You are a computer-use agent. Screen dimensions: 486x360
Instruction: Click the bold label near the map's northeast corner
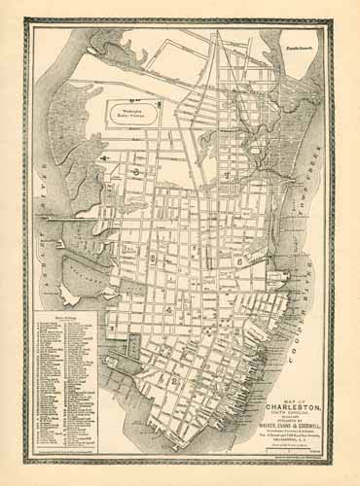click(298, 46)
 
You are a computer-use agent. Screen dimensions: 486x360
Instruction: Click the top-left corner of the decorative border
click(23, 22)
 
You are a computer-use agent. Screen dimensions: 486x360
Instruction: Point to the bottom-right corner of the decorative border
click(337, 466)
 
